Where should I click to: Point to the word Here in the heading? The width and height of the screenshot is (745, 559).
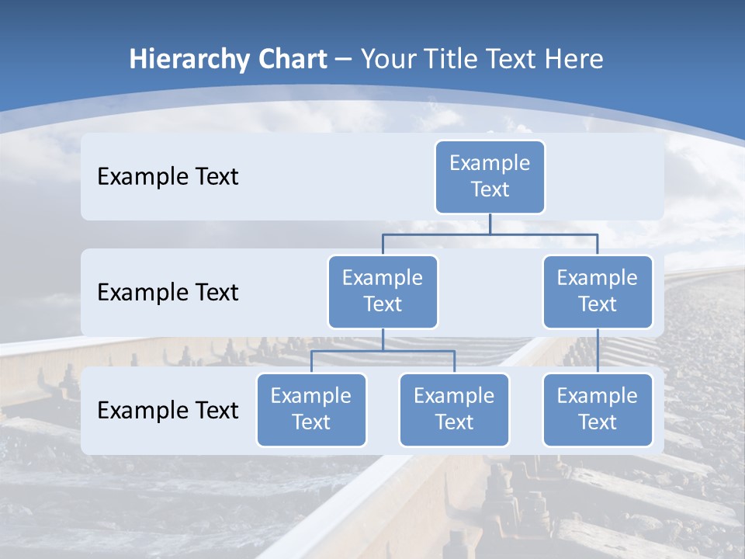(x=575, y=59)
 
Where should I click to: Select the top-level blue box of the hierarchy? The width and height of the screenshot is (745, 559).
(x=490, y=176)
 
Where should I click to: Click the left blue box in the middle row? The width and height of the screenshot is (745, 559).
(x=383, y=291)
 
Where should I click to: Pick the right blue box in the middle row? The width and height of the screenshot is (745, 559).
(x=598, y=291)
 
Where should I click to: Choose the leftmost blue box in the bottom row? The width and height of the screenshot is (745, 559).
(x=311, y=409)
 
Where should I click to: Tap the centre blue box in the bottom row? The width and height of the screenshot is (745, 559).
(x=454, y=409)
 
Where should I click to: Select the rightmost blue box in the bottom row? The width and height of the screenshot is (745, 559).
(x=598, y=409)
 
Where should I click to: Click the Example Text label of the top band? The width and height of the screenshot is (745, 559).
(x=168, y=176)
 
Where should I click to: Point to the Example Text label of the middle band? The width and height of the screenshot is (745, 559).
(x=168, y=292)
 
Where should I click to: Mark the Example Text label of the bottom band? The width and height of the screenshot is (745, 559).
(x=168, y=410)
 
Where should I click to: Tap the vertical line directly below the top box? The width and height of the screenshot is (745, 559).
(x=490, y=224)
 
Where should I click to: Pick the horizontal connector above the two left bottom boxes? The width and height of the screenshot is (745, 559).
(x=383, y=351)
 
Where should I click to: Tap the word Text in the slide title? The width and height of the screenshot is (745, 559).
(x=513, y=59)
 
